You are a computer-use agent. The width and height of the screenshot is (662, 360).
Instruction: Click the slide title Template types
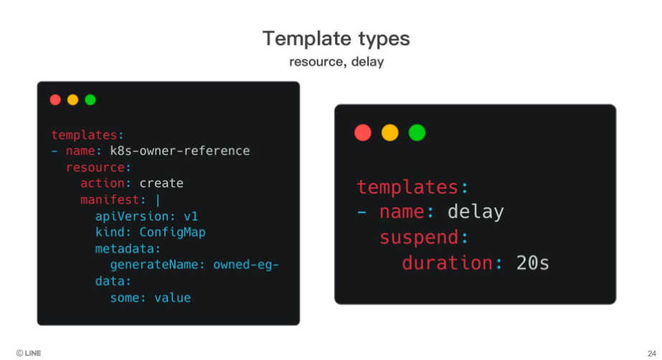click(336, 39)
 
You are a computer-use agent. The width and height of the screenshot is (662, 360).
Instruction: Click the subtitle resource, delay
click(336, 62)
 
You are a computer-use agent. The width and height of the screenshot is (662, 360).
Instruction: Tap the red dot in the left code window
click(55, 100)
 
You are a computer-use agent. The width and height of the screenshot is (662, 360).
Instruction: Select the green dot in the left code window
click(90, 100)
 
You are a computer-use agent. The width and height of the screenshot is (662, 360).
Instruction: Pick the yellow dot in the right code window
click(389, 133)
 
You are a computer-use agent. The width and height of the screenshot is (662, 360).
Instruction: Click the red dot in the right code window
click(363, 133)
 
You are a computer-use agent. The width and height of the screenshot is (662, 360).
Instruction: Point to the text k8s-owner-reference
click(180, 151)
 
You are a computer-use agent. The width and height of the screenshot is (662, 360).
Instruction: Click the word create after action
click(161, 183)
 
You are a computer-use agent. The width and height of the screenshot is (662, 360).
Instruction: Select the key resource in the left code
click(95, 168)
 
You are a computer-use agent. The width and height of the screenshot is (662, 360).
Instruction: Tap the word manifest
click(110, 199)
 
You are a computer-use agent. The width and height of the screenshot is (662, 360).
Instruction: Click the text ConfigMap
click(172, 232)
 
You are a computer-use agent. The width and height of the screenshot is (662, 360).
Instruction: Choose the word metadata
click(125, 249)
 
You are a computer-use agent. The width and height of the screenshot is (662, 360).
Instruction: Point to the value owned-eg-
click(246, 265)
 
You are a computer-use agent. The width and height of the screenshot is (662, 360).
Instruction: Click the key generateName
click(154, 265)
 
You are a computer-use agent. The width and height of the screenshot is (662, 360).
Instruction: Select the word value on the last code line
click(172, 298)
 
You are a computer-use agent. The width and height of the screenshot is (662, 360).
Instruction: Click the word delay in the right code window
click(476, 212)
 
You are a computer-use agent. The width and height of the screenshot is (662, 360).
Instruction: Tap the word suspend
click(419, 237)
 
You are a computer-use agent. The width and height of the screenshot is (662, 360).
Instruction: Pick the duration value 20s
click(532, 263)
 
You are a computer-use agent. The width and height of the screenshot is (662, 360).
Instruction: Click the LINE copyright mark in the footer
click(28, 354)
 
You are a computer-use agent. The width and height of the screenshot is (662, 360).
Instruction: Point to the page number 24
click(652, 354)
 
